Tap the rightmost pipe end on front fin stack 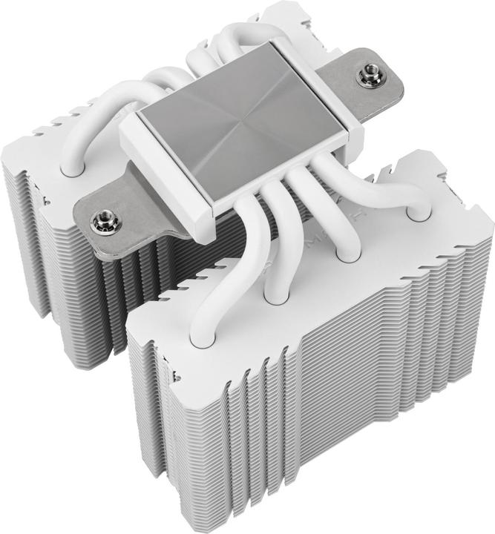coord(418,214)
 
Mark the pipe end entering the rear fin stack coord(72,168)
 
